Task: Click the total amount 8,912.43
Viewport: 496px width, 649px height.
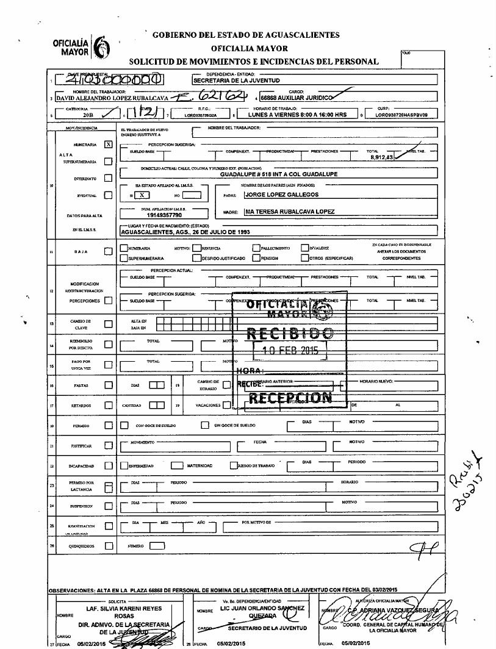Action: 381,157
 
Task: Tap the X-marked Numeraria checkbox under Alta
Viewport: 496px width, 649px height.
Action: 108,145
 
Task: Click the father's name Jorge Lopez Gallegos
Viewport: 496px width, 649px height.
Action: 281,195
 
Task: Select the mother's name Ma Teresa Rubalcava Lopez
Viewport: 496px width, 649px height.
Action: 289,212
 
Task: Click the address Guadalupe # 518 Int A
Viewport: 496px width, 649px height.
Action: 279,173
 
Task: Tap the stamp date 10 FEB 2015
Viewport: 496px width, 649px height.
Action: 289,351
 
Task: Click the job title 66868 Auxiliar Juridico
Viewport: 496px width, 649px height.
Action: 295,97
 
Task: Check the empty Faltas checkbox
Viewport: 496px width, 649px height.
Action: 108,385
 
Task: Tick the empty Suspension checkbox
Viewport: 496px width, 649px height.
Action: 108,506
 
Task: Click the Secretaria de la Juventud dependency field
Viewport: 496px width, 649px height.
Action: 236,80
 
